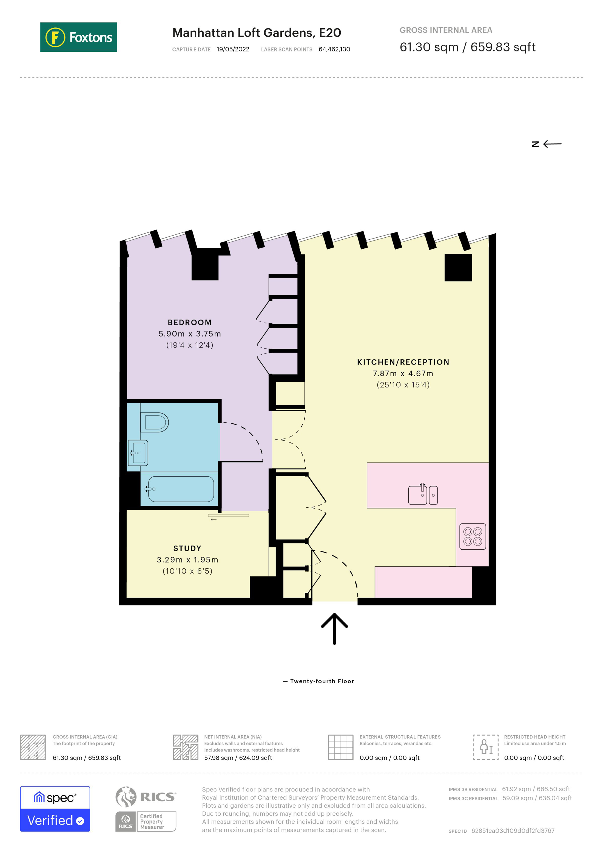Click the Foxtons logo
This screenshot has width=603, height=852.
point(78,37)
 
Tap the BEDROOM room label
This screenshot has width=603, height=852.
point(189,322)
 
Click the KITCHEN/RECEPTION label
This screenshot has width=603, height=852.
point(403,362)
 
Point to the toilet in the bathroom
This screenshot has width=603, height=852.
point(155,422)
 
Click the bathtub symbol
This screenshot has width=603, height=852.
point(180,489)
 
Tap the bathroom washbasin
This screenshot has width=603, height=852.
point(138,452)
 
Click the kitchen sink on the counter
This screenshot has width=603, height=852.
point(423,495)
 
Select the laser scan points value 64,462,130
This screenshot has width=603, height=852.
point(334,49)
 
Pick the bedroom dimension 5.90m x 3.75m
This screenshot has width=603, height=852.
point(189,334)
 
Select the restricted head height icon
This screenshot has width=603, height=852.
point(486,747)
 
